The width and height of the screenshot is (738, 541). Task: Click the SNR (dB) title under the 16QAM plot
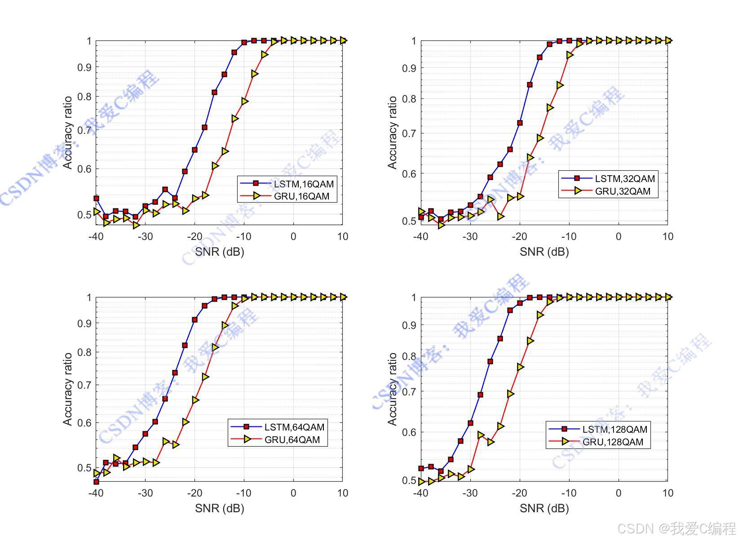[x=219, y=252]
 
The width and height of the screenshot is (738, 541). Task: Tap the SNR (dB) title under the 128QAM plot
[x=544, y=508]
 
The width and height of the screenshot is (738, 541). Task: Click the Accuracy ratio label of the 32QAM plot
[x=392, y=133]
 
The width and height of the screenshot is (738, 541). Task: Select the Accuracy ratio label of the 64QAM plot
[x=67, y=389]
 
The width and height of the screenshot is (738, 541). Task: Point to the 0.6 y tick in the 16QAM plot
[x=84, y=169]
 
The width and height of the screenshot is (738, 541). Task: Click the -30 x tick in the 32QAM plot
[x=470, y=237]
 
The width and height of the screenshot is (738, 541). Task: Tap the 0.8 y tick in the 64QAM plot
[x=84, y=352]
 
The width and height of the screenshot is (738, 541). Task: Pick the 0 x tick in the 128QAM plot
[x=618, y=493]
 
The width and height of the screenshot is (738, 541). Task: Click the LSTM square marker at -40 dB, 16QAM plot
[x=96, y=198]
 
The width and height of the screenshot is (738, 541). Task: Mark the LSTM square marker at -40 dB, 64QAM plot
[x=96, y=482]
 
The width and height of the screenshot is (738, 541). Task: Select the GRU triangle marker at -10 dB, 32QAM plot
[x=570, y=55]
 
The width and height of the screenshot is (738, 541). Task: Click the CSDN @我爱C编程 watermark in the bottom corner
[x=676, y=529]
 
